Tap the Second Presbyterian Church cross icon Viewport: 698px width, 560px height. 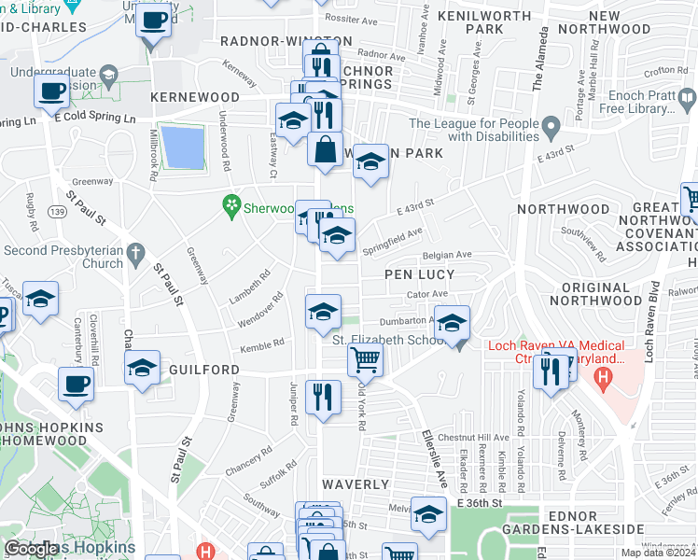pyautogui.click(x=136, y=250)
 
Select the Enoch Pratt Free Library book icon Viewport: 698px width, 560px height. pyautogui.click(x=688, y=97)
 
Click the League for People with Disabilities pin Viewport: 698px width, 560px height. pyautogui.click(x=551, y=125)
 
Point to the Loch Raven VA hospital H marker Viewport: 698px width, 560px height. pyautogui.click(x=604, y=379)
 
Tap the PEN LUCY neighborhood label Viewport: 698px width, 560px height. pyautogui.click(x=420, y=274)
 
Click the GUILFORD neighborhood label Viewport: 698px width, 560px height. pyautogui.click(x=204, y=370)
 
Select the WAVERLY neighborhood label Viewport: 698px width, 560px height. pyautogui.click(x=355, y=484)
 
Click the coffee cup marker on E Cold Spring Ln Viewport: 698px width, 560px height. pyautogui.click(x=52, y=91)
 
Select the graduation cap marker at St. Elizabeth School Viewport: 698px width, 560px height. pyautogui.click(x=453, y=323)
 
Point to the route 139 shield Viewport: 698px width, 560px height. pyautogui.click(x=59, y=214)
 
